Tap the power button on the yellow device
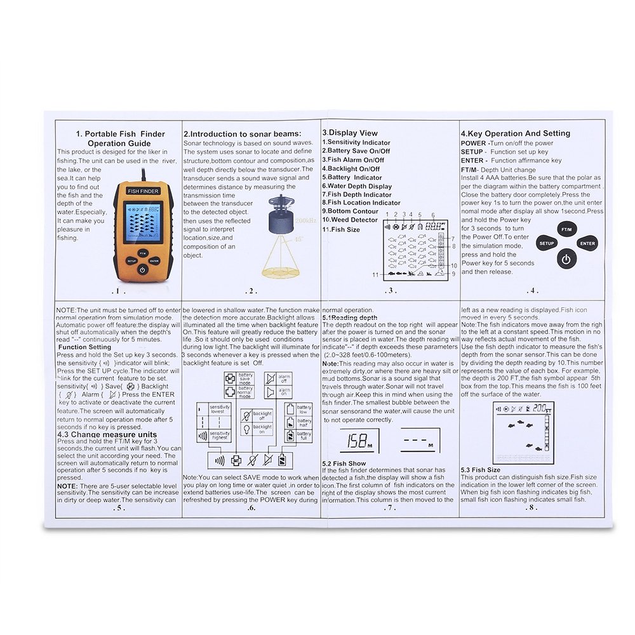[x=142, y=269]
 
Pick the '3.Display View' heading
[x=349, y=133]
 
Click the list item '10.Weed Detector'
[x=349, y=220]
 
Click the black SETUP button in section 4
[x=547, y=243]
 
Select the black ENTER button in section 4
[x=587, y=243]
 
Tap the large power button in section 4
[x=567, y=258]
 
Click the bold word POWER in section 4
[x=473, y=144]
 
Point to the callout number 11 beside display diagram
[x=376, y=274]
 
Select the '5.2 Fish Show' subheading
[x=344, y=464]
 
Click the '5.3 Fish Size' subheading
[x=481, y=470]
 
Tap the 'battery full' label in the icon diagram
[x=304, y=437]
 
